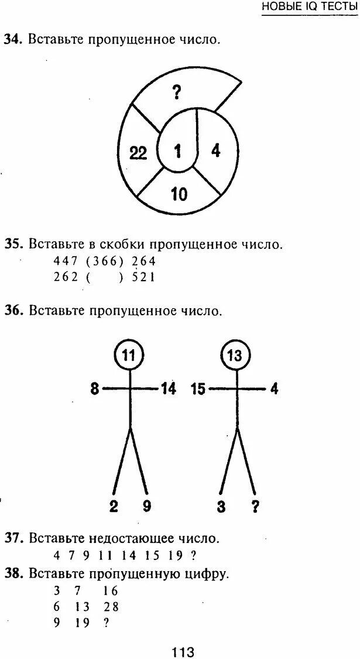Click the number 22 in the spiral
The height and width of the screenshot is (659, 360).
pyautogui.click(x=139, y=153)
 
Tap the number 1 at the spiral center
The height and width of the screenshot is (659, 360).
pyautogui.click(x=177, y=152)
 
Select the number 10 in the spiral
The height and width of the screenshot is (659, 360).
pyautogui.click(x=179, y=194)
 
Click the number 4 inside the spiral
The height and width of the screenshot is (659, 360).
pyautogui.click(x=215, y=151)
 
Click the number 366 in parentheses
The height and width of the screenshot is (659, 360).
pyautogui.click(x=106, y=261)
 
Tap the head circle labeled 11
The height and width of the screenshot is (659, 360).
pyautogui.click(x=129, y=354)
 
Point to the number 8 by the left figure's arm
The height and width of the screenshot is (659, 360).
pyautogui.click(x=95, y=389)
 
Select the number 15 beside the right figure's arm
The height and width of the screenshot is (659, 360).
pyautogui.click(x=198, y=389)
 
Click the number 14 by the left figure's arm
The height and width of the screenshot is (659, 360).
pyautogui.click(x=167, y=389)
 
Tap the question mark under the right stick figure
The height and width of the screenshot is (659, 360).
pyautogui.click(x=255, y=506)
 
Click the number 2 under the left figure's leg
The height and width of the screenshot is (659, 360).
pyautogui.click(x=114, y=506)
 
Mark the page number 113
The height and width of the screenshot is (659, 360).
pyautogui.click(x=183, y=651)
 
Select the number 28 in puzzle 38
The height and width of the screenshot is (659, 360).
pyautogui.click(x=111, y=607)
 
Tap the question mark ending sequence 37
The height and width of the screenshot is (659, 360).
pyautogui.click(x=193, y=555)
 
